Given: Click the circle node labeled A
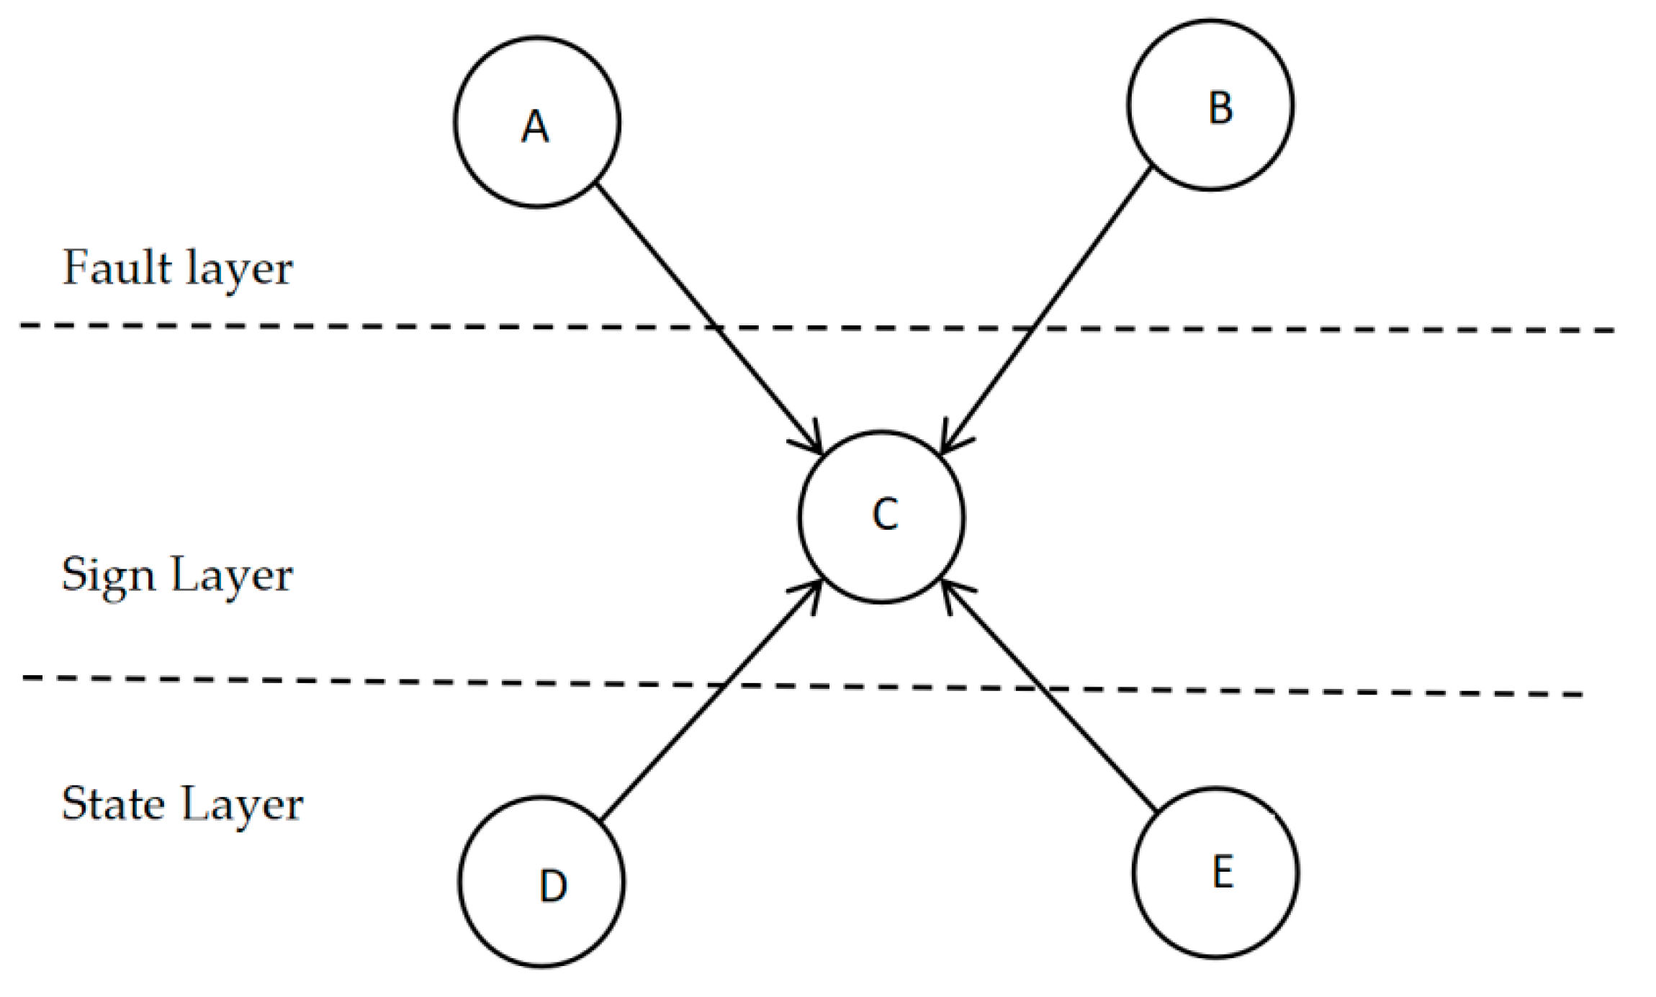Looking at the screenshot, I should [536, 122].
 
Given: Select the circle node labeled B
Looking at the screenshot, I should [1210, 105].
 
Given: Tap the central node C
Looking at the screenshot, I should [881, 516].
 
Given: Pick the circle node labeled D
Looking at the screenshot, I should [541, 881].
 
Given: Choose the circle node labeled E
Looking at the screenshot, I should [1215, 872].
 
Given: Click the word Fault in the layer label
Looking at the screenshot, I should [117, 267].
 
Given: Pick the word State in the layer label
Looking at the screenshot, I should [113, 803].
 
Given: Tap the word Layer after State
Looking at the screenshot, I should [242, 805].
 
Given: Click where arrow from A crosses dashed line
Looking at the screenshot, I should [716, 328].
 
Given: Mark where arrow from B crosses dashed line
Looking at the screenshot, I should [1034, 328].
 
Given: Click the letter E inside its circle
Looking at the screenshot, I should [1223, 872].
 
